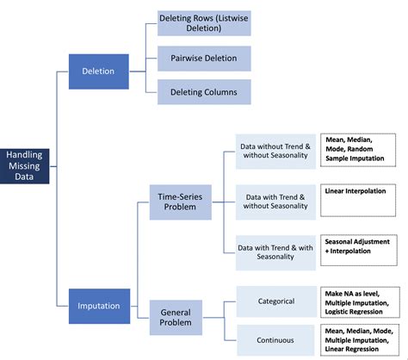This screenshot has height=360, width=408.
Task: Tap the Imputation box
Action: point(98,304)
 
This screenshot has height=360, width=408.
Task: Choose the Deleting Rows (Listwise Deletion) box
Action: point(203,23)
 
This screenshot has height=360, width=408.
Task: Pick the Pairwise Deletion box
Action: point(203,58)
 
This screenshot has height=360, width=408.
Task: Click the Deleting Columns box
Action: point(203,92)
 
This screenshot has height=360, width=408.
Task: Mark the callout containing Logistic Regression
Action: point(358,301)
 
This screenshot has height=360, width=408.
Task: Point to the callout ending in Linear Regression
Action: point(358,340)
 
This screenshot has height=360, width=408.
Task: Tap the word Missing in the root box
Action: point(24,165)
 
